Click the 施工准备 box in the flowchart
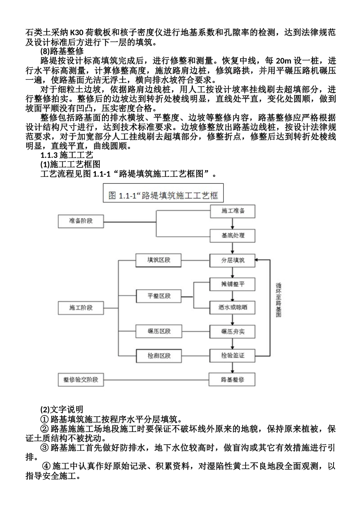click(x=233, y=211)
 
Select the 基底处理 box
click(x=233, y=235)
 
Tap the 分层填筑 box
click(x=233, y=260)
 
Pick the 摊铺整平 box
click(x=233, y=284)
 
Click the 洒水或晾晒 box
click(x=233, y=308)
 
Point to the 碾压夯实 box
click(x=233, y=331)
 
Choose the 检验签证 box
click(x=233, y=355)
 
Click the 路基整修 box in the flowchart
click(x=233, y=379)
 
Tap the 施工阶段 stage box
click(x=81, y=308)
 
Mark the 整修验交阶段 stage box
click(x=81, y=379)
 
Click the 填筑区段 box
click(x=159, y=260)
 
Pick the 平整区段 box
click(x=159, y=296)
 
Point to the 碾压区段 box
click(x=159, y=331)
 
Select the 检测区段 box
click(x=159, y=355)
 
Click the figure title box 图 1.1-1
click(x=163, y=195)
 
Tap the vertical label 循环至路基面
click(x=279, y=299)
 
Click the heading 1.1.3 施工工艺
click(x=67, y=155)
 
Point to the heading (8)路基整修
click(x=62, y=51)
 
